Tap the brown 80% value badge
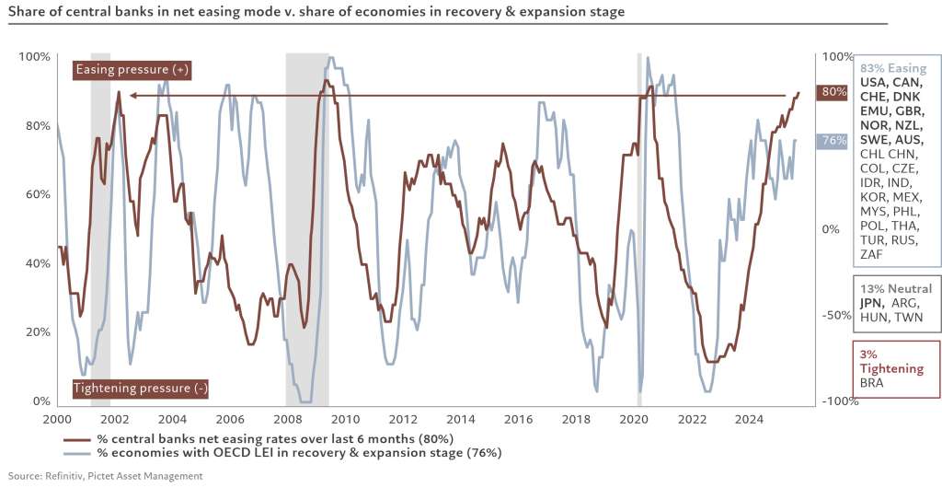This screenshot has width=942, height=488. pos(834,92)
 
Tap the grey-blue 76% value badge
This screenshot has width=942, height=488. pos(834,141)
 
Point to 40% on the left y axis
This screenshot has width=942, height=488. pos(37,263)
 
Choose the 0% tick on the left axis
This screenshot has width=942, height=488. pos(40,401)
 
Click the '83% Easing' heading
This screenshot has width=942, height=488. pos(892,68)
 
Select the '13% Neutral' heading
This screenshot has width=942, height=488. pos(896,288)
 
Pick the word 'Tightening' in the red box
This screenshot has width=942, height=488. pos(891,368)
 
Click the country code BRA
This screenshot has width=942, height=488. pos(871,382)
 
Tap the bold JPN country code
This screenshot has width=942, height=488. pos(872,303)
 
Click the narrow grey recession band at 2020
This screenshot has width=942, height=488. pos(639,230)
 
